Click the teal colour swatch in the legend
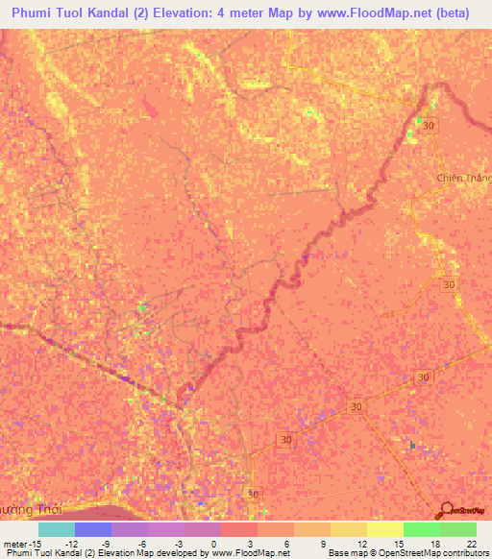(x=57, y=529)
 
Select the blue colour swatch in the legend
(x=93, y=529)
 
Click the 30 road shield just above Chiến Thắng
(x=428, y=126)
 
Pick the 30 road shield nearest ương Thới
(x=252, y=494)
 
